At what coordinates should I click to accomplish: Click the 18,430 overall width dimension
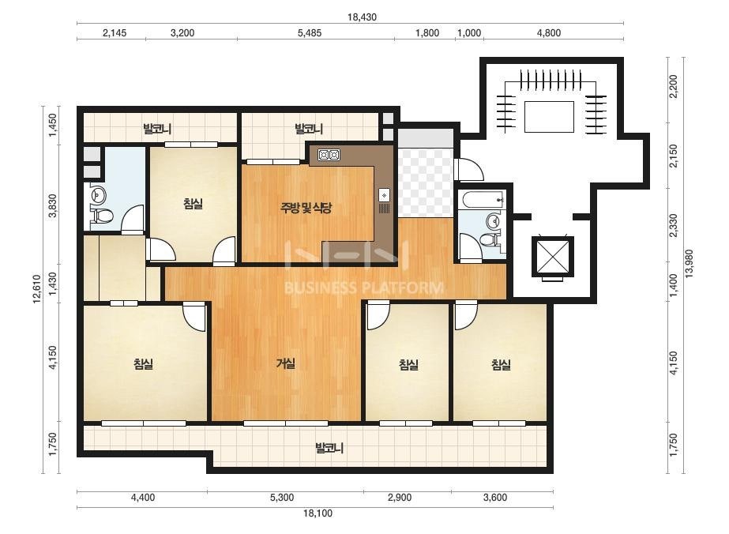(x=362, y=17)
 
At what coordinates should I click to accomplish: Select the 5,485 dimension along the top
(x=309, y=33)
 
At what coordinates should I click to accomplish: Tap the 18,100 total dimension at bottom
(x=318, y=513)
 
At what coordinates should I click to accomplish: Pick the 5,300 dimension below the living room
(x=281, y=498)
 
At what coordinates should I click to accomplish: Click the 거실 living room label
(x=285, y=363)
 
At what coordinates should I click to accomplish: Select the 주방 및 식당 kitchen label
(x=306, y=208)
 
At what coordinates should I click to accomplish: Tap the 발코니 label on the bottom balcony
(x=329, y=449)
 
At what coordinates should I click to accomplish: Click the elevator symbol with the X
(x=552, y=258)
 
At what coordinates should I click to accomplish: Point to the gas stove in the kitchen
(x=329, y=155)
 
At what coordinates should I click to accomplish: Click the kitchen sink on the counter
(x=385, y=195)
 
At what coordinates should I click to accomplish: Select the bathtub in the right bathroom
(x=484, y=200)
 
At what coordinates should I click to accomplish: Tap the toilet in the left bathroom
(x=103, y=216)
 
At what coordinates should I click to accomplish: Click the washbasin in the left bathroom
(x=97, y=194)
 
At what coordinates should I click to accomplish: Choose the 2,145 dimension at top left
(x=115, y=33)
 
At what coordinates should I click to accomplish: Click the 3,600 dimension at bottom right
(x=495, y=498)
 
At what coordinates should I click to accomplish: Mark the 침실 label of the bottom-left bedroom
(x=143, y=363)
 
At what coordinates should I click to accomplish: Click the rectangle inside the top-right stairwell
(x=549, y=117)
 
